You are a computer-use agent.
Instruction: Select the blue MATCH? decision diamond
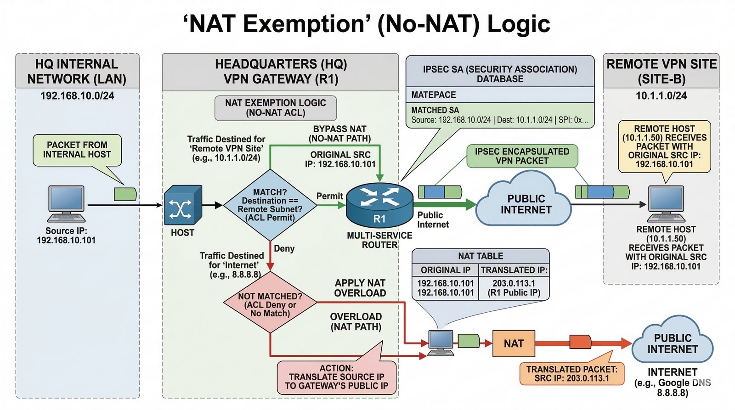pyautogui.click(x=270, y=205)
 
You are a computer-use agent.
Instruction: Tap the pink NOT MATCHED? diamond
pyautogui.click(x=270, y=302)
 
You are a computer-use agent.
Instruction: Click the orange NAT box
pyautogui.click(x=514, y=343)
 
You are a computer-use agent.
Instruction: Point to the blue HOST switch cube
pyautogui.click(x=183, y=205)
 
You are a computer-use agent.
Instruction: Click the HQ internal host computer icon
pyautogui.click(x=66, y=204)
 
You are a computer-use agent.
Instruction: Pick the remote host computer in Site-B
pyautogui.click(x=666, y=204)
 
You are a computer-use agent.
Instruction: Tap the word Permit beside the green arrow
pyautogui.click(x=329, y=196)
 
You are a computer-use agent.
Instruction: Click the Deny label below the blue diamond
pyautogui.click(x=284, y=249)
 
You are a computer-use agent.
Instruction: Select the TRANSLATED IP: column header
pyautogui.click(x=514, y=270)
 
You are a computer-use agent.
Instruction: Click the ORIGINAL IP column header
pyautogui.click(x=446, y=270)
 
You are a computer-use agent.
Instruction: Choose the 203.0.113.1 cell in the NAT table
pyautogui.click(x=514, y=283)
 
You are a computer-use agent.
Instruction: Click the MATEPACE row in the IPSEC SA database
pyautogui.click(x=500, y=95)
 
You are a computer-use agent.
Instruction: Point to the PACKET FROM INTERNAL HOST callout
pyautogui.click(x=77, y=150)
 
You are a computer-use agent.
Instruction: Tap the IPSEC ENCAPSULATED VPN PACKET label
pyautogui.click(x=522, y=156)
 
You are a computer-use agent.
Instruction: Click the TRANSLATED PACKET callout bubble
pyautogui.click(x=572, y=374)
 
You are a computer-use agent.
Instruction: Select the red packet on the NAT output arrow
pyautogui.click(x=580, y=342)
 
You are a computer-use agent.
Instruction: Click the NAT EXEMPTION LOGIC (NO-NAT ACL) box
pyautogui.click(x=276, y=108)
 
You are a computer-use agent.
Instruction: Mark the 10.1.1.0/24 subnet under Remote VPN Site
pyautogui.click(x=661, y=96)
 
